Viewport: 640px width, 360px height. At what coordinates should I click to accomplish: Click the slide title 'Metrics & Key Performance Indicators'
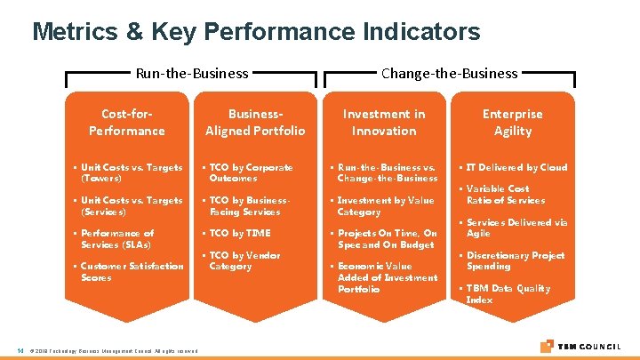256,32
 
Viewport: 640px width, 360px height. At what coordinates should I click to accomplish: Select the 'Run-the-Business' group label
191,74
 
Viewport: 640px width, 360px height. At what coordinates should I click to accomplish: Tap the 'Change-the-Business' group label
449,74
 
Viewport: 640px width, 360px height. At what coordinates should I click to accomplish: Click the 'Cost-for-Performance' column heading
126,123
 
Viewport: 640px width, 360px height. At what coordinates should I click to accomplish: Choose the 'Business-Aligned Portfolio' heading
255,123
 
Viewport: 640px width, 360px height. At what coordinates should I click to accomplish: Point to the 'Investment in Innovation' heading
384,123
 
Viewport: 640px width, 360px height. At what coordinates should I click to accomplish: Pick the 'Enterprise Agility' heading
512,123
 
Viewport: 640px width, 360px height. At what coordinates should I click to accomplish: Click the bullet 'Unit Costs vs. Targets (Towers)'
131,172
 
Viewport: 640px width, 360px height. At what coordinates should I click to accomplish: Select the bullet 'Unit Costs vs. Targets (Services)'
131,206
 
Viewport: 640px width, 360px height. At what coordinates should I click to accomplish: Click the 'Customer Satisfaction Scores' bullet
132,272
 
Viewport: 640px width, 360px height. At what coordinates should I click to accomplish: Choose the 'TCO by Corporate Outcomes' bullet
251,172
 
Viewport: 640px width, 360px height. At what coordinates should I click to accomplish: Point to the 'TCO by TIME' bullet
239,234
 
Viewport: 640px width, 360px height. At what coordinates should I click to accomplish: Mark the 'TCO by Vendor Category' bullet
244,261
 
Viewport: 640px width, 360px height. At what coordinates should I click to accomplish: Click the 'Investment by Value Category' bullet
385,206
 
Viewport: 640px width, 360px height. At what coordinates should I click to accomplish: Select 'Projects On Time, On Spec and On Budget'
387,239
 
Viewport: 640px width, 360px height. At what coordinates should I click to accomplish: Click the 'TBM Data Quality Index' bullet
508,294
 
